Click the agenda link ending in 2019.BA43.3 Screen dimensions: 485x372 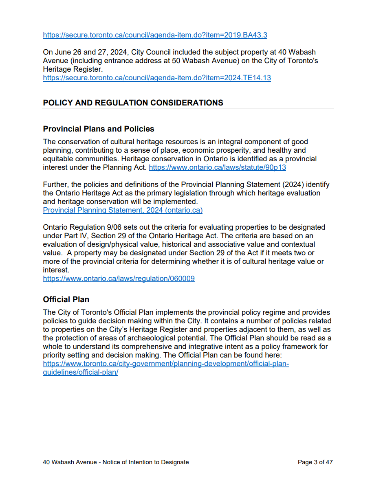[155, 35]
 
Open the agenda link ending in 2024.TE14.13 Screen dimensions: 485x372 [157, 78]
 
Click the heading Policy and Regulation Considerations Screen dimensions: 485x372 [133, 103]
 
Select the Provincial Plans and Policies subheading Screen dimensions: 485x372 [99, 129]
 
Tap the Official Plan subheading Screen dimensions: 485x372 [66, 300]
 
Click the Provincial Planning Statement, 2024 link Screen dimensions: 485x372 [123, 210]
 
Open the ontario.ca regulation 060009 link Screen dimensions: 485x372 [119, 279]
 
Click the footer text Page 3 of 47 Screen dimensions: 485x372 [315, 462]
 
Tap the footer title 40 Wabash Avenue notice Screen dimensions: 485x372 [116, 462]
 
